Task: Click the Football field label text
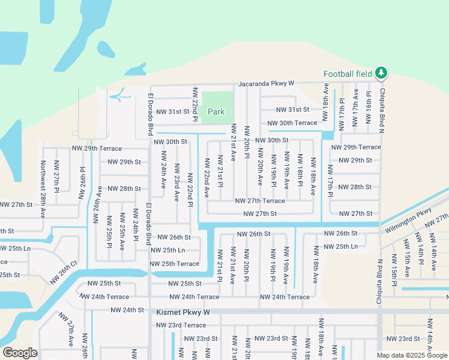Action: [348, 74]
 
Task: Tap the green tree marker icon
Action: [381, 73]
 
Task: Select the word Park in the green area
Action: [216, 112]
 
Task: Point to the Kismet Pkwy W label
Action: [182, 313]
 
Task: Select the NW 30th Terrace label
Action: [292, 123]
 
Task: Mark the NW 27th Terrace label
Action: [259, 201]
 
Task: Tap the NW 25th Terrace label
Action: [174, 264]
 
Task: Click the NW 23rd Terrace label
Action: [181, 325]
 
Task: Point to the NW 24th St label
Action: [127, 310]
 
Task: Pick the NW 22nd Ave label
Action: [206, 178]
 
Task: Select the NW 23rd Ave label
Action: [176, 183]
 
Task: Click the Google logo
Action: [20, 353]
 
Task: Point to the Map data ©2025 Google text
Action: [411, 355]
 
